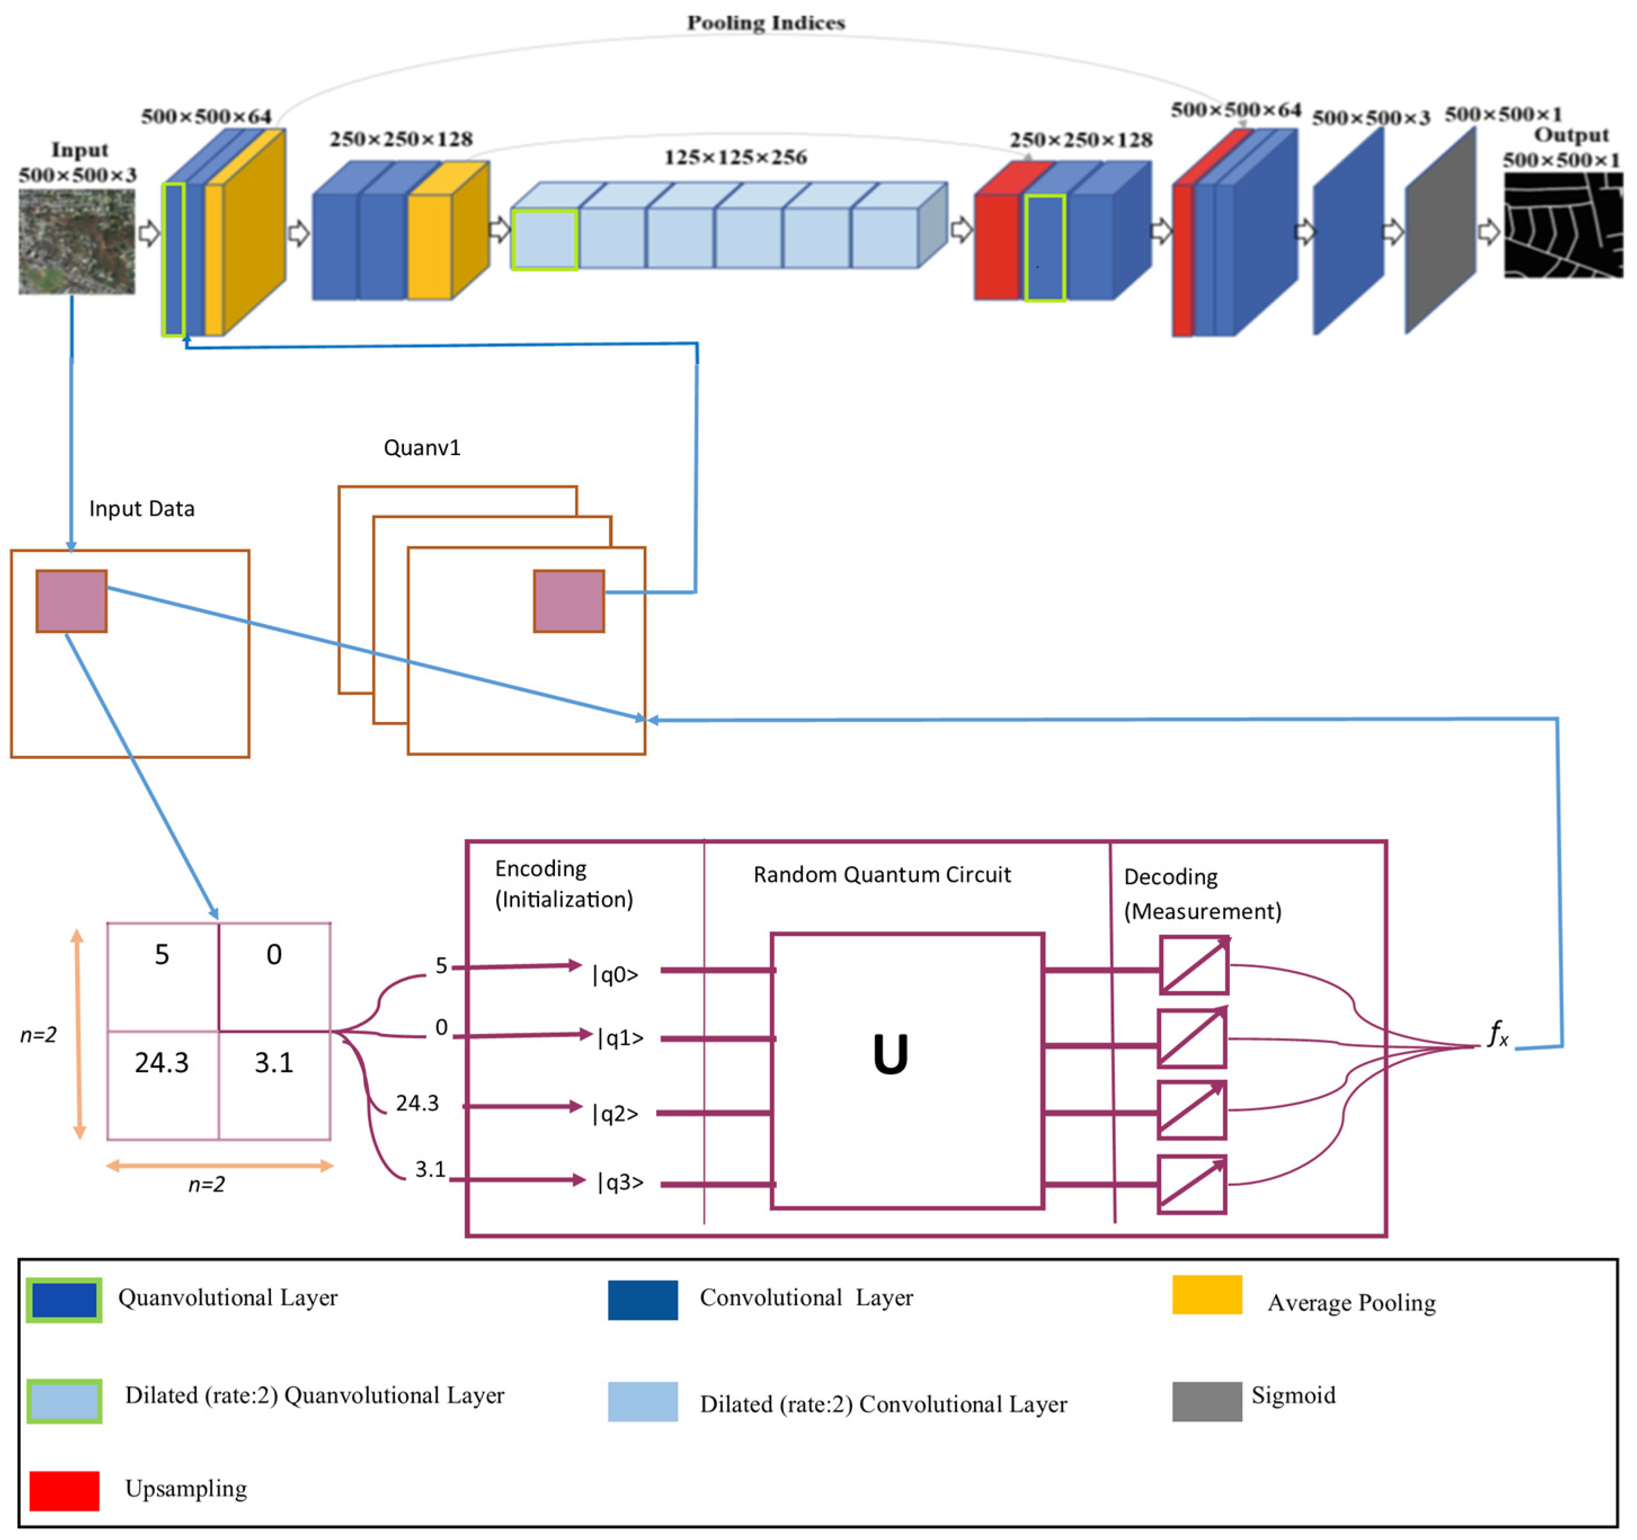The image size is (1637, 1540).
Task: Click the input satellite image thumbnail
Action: [77, 240]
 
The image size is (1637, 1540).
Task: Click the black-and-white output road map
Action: [1562, 225]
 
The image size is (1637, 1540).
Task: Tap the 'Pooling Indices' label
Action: [766, 23]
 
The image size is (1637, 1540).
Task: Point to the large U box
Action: [906, 1070]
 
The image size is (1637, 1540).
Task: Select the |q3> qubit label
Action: [619, 1182]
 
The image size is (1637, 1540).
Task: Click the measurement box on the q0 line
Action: [1193, 965]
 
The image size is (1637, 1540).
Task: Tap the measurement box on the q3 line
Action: [1191, 1184]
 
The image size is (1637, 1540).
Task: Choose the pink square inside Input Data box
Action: [72, 601]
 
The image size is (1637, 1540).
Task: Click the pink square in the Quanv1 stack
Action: [568, 601]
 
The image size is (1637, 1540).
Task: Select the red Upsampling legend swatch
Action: [64, 1490]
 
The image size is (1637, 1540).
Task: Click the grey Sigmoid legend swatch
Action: [1206, 1401]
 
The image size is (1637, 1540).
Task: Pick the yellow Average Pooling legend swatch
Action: [1206, 1295]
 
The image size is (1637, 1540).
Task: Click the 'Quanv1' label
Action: [421, 448]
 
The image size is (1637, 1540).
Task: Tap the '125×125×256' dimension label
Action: [735, 157]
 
